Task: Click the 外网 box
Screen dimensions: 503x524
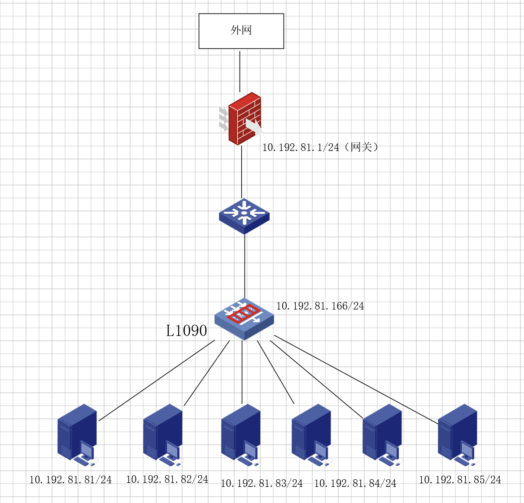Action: (241, 31)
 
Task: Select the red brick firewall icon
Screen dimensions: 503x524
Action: (244, 119)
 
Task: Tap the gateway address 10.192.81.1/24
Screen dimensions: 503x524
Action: (301, 147)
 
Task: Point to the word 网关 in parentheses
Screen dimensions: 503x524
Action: (362, 147)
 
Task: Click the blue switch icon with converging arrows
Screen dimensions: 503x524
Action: (244, 216)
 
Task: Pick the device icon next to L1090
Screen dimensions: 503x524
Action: (244, 318)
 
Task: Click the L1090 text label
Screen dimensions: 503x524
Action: (187, 331)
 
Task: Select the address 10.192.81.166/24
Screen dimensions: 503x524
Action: (320, 306)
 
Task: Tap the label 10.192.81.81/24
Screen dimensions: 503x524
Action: (70, 480)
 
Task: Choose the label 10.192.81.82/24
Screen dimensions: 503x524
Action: (167, 479)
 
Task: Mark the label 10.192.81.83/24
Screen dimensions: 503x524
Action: (262, 483)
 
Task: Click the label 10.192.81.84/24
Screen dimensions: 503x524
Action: (355, 483)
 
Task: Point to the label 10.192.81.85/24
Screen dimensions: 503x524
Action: (460, 480)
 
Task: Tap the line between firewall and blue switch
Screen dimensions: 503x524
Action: (242, 172)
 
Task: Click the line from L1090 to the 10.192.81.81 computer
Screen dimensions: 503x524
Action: (157, 380)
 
